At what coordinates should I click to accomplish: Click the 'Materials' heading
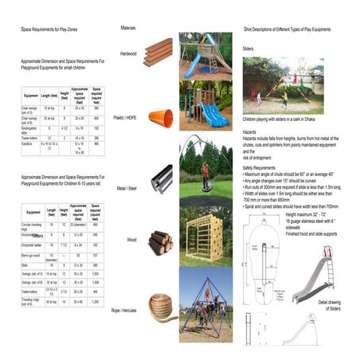click(127, 29)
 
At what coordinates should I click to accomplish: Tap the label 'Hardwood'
click(127, 54)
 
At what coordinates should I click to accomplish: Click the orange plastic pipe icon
click(162, 117)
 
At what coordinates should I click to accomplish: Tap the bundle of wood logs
click(161, 241)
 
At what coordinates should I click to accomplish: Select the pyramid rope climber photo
click(206, 307)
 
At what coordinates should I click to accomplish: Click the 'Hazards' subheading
click(250, 131)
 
